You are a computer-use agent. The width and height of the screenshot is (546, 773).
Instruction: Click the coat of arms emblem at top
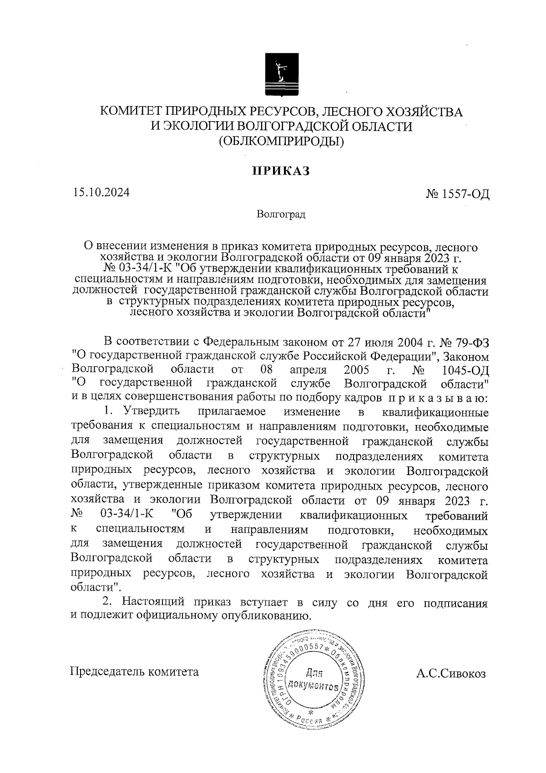281,76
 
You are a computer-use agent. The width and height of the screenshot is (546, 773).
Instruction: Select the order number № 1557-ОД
457,195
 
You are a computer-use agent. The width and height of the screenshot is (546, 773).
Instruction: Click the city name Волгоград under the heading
281,214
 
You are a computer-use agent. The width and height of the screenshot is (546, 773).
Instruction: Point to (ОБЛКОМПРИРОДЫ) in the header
281,141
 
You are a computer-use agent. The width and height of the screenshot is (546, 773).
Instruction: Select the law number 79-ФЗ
472,341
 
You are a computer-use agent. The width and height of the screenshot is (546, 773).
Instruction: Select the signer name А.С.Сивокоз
450,672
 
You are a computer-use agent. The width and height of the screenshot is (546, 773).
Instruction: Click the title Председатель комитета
134,672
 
